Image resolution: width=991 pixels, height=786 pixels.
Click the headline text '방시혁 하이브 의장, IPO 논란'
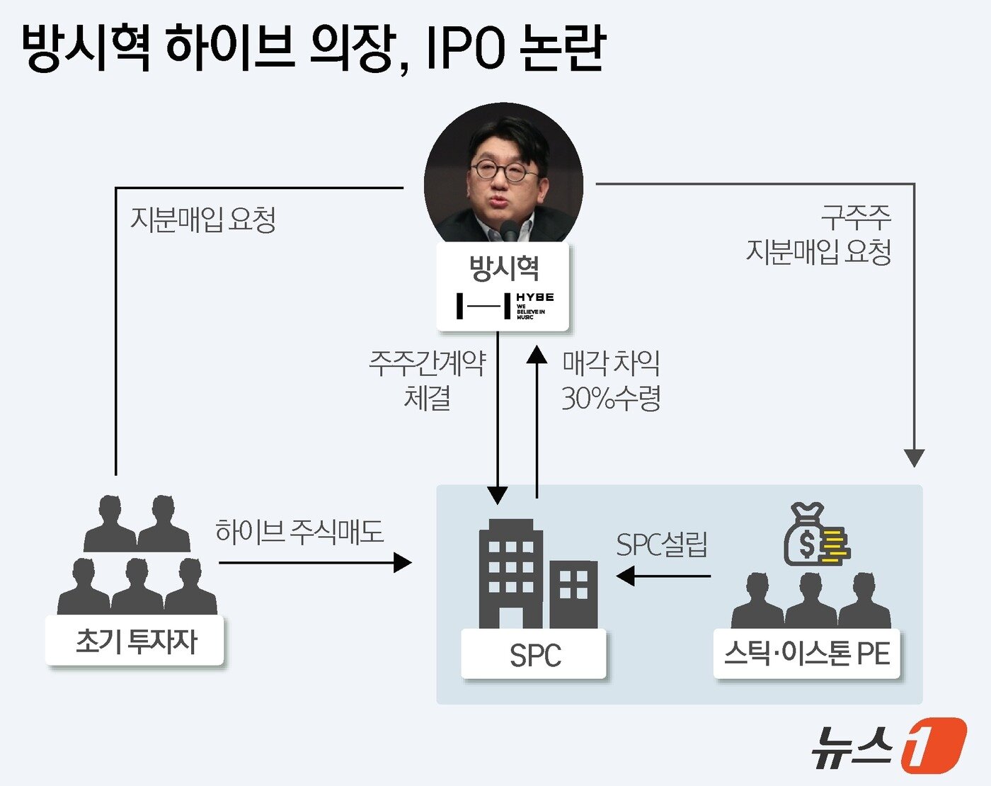click(x=313, y=48)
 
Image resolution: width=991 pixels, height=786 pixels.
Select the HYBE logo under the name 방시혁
click(x=505, y=305)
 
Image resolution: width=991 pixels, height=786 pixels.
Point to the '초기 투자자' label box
click(x=134, y=640)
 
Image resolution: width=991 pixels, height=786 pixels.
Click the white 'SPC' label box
click(x=534, y=654)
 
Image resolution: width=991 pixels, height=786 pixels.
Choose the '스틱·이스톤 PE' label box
click(x=806, y=654)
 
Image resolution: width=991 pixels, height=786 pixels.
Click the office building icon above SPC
click(x=539, y=574)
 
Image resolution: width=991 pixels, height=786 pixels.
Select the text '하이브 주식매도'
click(x=299, y=531)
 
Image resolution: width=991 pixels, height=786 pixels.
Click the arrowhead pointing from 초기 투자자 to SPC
click(x=403, y=563)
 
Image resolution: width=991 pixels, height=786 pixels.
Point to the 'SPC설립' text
click(x=661, y=545)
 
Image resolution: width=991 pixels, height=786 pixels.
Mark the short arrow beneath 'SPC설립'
click(x=663, y=576)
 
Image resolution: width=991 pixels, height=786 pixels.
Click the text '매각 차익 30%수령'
click(x=611, y=380)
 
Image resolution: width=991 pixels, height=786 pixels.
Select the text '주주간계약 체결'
click(x=427, y=380)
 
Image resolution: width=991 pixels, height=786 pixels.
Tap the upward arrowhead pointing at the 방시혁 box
click(x=537, y=354)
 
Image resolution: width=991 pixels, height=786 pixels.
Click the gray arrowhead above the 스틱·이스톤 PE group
click(x=914, y=457)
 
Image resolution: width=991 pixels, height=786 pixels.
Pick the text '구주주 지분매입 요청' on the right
click(x=818, y=234)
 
